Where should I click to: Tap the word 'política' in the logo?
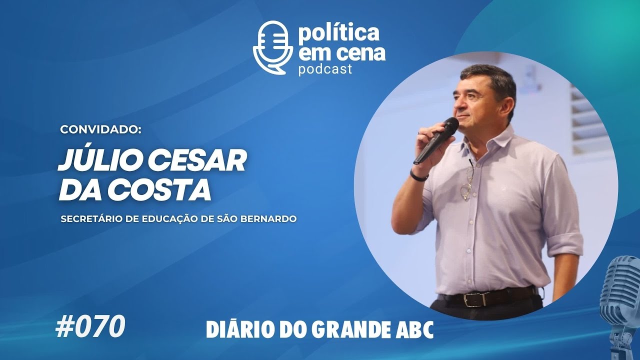tap(338, 33)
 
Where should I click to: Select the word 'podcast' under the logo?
tap(325, 69)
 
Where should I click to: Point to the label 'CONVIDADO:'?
tap(101, 129)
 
